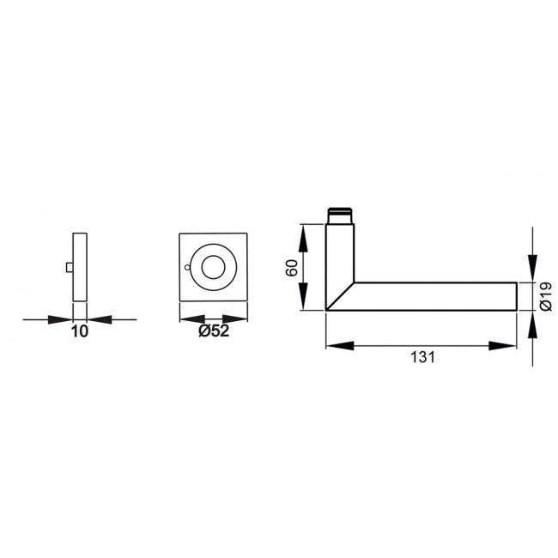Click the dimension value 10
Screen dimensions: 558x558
click(x=79, y=332)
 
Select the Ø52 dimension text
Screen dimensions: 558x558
click(x=214, y=332)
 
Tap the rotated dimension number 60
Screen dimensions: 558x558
click(x=291, y=267)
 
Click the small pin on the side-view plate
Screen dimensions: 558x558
click(x=70, y=270)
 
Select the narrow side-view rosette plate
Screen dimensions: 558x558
click(x=80, y=266)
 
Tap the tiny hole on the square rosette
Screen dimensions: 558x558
click(x=188, y=275)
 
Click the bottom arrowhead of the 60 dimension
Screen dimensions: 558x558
click(x=302, y=301)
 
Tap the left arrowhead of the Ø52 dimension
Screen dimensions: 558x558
click(x=187, y=318)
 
